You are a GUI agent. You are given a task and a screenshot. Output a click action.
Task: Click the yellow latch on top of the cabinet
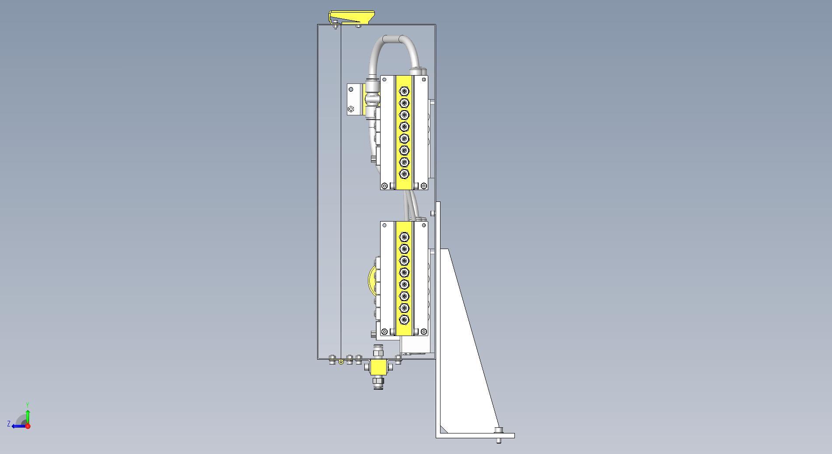pos(351,17)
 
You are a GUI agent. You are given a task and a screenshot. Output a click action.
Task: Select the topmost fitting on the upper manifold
pos(404,91)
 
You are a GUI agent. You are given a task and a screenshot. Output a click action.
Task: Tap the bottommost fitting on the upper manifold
pos(404,174)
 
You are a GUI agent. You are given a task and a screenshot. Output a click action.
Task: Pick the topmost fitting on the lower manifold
pos(404,237)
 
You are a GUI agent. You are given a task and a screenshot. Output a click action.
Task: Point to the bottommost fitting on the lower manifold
pos(404,320)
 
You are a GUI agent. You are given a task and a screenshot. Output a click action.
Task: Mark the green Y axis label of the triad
pos(28,405)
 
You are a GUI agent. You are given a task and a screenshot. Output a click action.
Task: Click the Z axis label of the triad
pos(9,424)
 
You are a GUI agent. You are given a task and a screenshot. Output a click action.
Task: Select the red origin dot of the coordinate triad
pos(28,426)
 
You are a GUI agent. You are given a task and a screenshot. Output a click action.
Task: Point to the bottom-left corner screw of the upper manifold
pos(384,186)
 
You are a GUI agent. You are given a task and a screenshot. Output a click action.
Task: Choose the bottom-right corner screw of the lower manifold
pos(424,332)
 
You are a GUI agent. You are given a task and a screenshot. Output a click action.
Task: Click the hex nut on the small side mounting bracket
pos(350,109)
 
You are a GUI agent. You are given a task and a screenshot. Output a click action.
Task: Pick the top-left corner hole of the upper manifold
pos(385,80)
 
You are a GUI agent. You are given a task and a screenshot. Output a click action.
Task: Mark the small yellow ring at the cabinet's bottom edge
pos(341,361)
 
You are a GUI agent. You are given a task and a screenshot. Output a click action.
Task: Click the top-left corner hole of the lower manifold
pos(385,225)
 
